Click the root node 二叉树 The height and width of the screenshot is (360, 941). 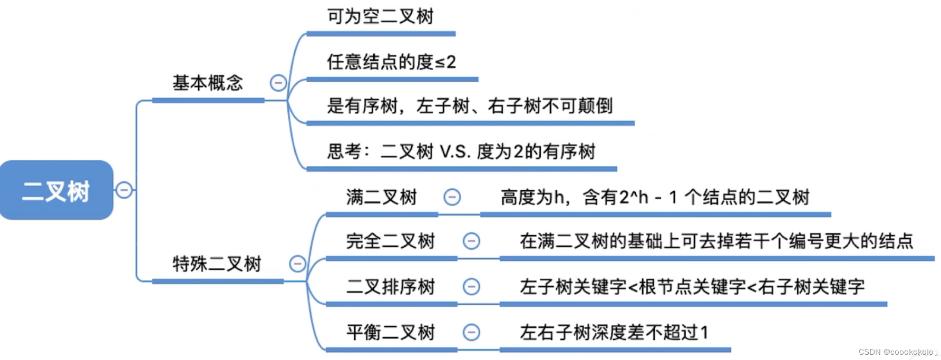tap(56, 190)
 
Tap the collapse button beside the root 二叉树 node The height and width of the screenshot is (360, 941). tap(124, 190)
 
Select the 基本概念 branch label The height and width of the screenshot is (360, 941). tap(208, 83)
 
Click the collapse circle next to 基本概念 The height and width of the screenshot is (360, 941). tap(278, 83)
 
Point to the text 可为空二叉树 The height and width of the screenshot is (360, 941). tap(380, 16)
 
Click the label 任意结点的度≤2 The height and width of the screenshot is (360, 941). tap(391, 62)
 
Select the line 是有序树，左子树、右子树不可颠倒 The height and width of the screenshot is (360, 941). tap(469, 106)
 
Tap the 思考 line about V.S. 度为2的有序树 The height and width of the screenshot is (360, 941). tap(461, 152)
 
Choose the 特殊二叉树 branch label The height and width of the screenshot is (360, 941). tap(217, 264)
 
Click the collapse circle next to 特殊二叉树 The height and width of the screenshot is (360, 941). tap(297, 264)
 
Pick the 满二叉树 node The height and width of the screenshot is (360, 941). tap(381, 197)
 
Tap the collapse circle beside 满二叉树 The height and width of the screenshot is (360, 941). tap(452, 197)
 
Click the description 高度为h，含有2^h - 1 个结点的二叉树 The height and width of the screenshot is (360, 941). tap(655, 197)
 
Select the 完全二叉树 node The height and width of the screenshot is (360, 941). tap(390, 241)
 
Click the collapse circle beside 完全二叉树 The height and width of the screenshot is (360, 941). tap(471, 241)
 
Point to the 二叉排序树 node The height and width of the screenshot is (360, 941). tap(390, 287)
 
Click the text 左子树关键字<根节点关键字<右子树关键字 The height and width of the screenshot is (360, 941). tap(692, 287)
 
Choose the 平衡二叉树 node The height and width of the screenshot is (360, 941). tap(390, 332)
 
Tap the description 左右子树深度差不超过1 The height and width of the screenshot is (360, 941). tap(614, 332)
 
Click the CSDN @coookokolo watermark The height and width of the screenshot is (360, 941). tap(896, 352)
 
